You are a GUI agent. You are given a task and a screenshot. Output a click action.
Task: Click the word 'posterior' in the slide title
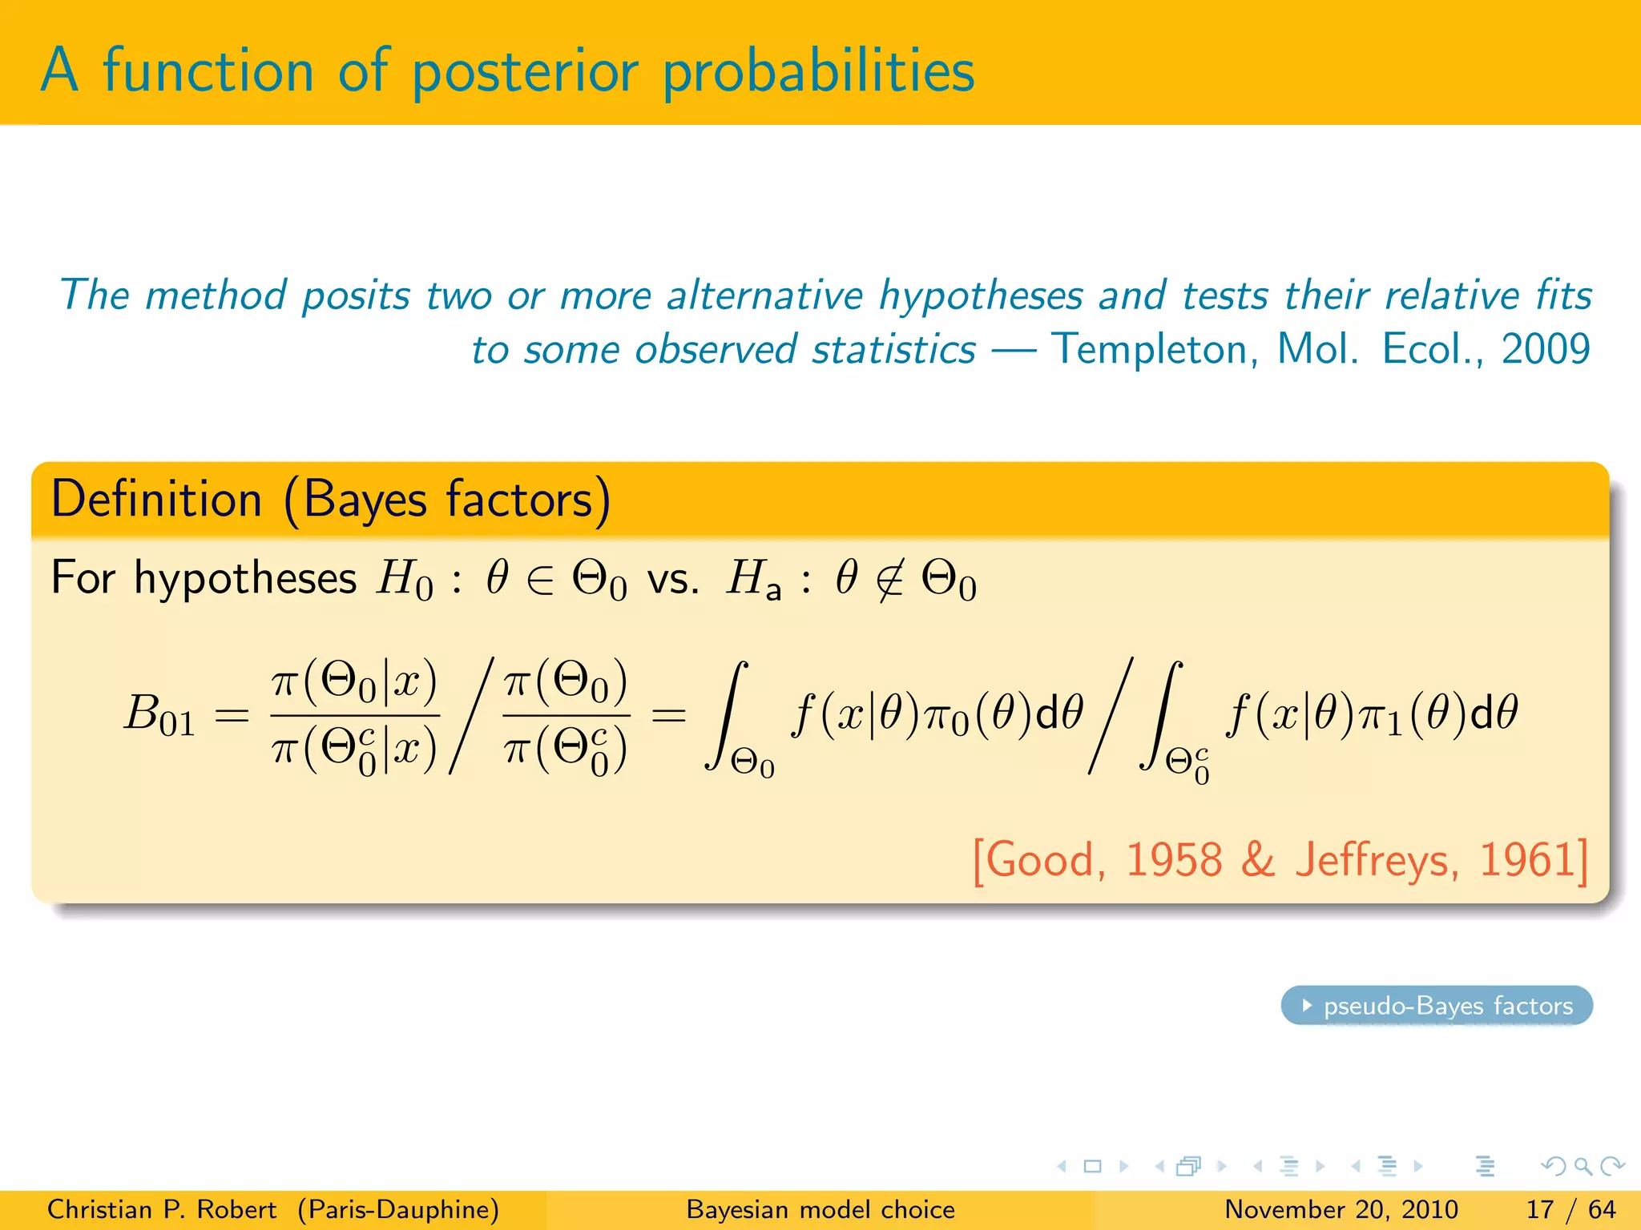tap(525, 72)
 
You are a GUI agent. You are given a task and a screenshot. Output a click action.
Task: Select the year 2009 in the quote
tap(1546, 349)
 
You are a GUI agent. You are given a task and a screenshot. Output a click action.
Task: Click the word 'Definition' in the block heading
tap(156, 500)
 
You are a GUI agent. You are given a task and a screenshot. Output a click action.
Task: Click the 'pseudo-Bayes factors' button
tap(1437, 1006)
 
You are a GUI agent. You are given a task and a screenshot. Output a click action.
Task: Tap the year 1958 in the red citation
tap(1174, 860)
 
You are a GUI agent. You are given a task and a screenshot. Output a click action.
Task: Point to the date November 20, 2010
tap(1341, 1209)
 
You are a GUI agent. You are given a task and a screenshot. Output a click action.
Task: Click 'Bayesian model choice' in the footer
tap(820, 1209)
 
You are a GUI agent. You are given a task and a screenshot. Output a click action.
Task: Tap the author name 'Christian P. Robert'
tap(162, 1209)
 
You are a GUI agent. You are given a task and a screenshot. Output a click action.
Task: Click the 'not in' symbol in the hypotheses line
tap(889, 580)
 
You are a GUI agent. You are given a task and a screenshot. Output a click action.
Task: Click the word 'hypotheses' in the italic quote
tap(982, 295)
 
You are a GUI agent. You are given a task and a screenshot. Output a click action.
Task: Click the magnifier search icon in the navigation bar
tap(1583, 1166)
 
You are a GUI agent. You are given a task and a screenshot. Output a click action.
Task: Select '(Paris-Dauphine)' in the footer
tap(398, 1209)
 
